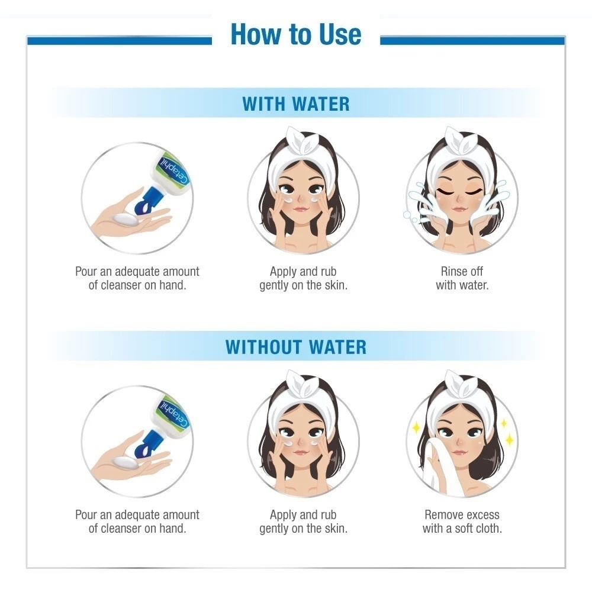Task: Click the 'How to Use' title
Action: tap(295, 34)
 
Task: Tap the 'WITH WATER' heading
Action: tap(295, 104)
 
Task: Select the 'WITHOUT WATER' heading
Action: tap(295, 347)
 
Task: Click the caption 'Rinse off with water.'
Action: tap(462, 278)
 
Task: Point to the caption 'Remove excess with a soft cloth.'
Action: tap(462, 522)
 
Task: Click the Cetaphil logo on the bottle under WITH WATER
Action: tap(174, 169)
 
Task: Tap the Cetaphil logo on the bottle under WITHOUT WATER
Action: tap(174, 413)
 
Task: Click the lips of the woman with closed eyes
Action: tap(459, 209)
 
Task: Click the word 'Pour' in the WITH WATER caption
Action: tap(86, 272)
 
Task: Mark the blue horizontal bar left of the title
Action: tap(120, 40)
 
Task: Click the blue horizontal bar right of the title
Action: tap(472, 40)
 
